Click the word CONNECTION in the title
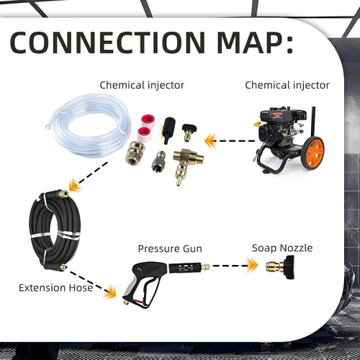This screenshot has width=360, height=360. (x=107, y=42)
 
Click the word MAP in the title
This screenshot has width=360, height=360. (x=251, y=42)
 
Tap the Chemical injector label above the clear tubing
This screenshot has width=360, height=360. (x=142, y=85)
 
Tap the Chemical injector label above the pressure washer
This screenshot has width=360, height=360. (x=287, y=85)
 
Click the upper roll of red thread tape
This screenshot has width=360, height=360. (x=148, y=120)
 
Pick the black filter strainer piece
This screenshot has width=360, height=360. (x=168, y=130)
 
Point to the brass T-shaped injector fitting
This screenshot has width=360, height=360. (x=186, y=164)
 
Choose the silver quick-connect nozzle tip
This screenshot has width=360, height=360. (x=158, y=161)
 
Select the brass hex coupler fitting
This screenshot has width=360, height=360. (x=135, y=153)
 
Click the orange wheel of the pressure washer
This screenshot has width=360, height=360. (x=313, y=153)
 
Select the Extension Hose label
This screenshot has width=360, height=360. (x=55, y=288)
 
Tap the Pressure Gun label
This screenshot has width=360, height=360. (x=170, y=249)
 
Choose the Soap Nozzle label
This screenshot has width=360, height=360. (x=282, y=248)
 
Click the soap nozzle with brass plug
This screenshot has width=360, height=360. (x=280, y=267)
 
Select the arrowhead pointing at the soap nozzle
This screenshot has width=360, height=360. (x=252, y=266)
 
